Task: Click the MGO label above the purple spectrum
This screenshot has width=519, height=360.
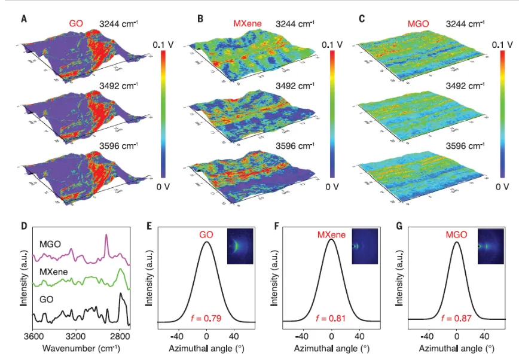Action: [51, 243]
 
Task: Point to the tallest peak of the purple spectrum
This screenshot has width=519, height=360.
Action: [106, 236]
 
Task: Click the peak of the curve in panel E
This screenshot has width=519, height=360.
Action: [207, 242]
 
